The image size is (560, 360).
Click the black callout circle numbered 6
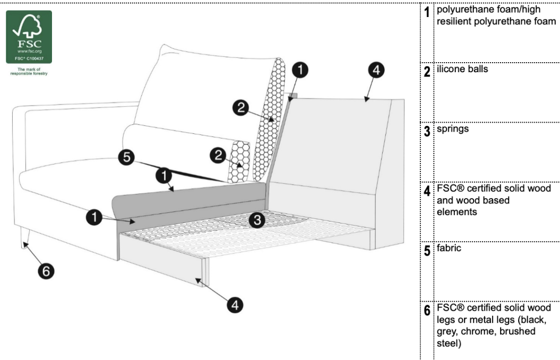(x=45, y=271)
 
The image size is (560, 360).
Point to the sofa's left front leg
(x=24, y=237)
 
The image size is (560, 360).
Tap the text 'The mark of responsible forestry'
(x=29, y=72)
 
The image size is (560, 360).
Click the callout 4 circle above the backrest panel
(x=375, y=71)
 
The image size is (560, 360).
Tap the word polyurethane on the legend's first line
(x=461, y=11)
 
